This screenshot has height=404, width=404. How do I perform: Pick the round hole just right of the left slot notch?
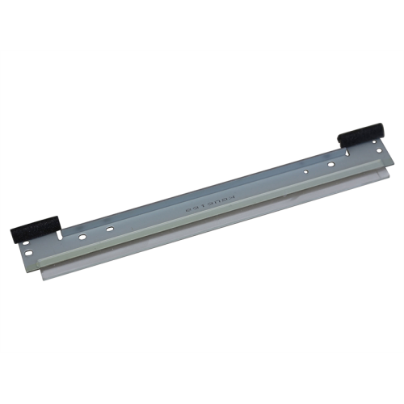point(83,237)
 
